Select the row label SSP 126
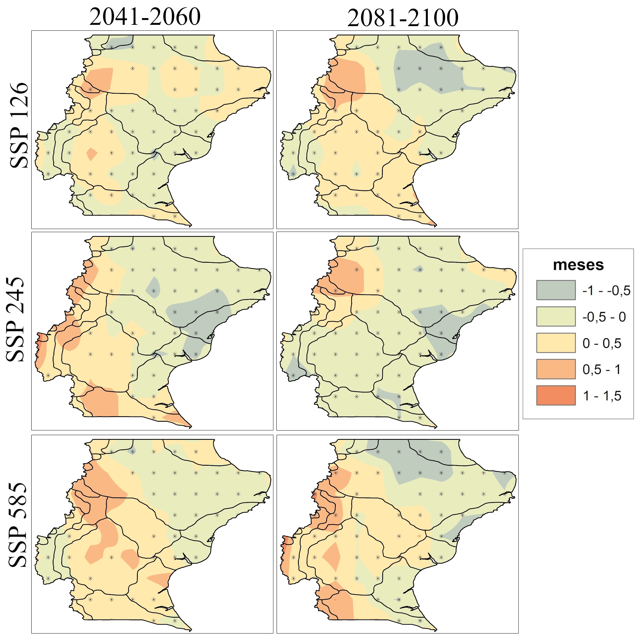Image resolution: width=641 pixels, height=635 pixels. (x=19, y=125)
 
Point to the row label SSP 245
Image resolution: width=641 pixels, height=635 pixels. (x=16, y=319)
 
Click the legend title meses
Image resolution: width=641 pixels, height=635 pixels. (x=578, y=265)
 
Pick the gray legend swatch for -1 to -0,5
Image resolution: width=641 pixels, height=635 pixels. (x=556, y=290)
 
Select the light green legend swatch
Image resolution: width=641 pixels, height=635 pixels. (x=556, y=316)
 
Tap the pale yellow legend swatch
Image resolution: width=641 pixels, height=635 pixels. (x=556, y=343)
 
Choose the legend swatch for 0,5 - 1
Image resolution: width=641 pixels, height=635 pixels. (x=556, y=369)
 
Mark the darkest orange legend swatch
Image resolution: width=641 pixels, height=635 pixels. (x=556, y=395)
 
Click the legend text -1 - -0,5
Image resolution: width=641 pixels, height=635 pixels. (x=606, y=291)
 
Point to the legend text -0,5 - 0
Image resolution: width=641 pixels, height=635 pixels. (x=604, y=317)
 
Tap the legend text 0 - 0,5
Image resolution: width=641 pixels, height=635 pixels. (x=601, y=343)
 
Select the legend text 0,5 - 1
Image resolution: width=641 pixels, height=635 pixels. (x=601, y=369)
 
